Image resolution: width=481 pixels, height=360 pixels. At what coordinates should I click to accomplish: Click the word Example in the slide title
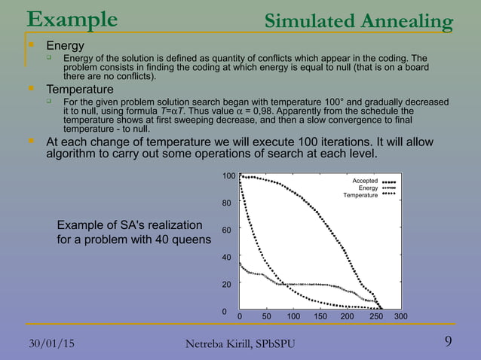[x=72, y=18]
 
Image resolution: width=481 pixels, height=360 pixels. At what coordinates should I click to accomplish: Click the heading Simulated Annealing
[x=359, y=22]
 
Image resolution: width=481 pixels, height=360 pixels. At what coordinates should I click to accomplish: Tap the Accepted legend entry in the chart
[x=365, y=182]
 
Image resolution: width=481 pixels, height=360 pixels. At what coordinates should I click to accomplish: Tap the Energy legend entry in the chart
[x=368, y=188]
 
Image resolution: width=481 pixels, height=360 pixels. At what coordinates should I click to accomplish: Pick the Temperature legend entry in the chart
[x=360, y=195]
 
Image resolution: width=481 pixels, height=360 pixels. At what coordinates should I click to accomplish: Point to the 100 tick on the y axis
[x=228, y=175]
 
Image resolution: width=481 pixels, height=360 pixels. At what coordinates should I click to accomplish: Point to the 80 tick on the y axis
[x=228, y=203]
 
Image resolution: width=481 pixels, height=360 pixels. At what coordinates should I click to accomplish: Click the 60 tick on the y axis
[x=228, y=230]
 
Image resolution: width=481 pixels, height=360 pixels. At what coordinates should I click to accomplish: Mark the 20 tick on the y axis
[x=228, y=284]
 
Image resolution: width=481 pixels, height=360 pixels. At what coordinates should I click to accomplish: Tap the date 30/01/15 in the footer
[x=51, y=343]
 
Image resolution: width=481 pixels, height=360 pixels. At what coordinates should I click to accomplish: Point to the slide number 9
[x=449, y=343]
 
